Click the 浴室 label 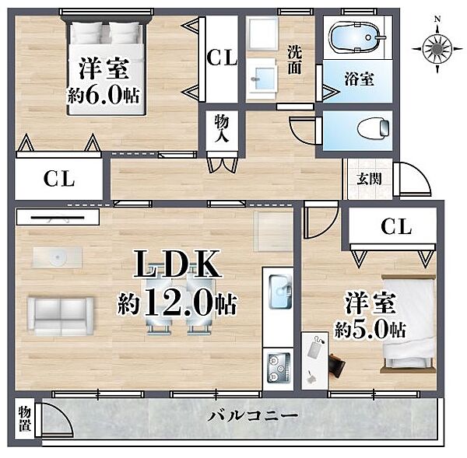tap(360, 79)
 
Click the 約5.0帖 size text tap(366, 329)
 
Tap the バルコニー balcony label tap(253, 417)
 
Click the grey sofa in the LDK tap(61, 313)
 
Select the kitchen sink tap(279, 291)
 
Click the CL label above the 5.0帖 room tap(395, 227)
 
